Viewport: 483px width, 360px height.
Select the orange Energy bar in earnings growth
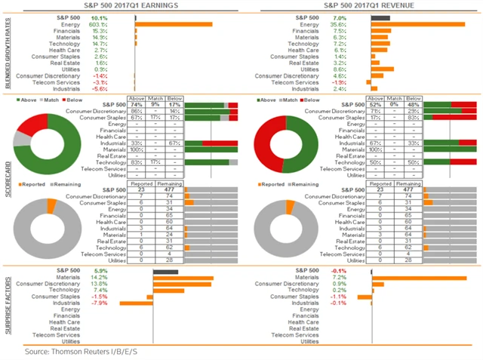coord(173,24)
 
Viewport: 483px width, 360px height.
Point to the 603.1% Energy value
coord(99,24)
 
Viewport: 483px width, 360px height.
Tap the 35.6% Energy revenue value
coord(337,24)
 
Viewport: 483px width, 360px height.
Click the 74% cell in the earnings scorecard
coord(136,104)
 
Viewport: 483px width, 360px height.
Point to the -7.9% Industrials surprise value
coord(99,303)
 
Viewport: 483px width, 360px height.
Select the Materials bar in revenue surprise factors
coord(420,278)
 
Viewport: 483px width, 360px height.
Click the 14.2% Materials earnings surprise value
coord(99,278)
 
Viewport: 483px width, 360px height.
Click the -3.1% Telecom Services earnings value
coord(99,82)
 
